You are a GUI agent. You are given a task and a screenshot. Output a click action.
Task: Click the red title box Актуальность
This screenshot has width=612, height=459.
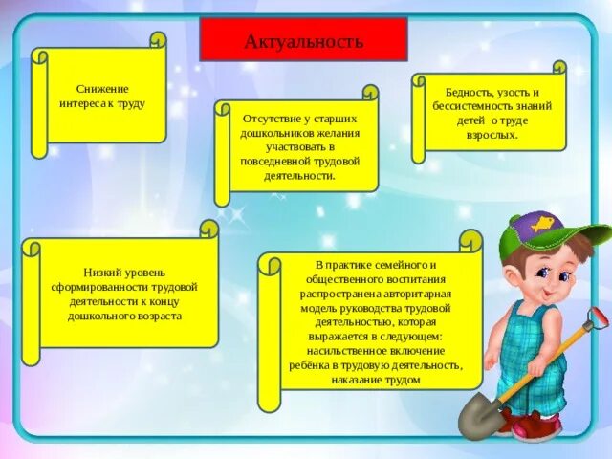(x=303, y=41)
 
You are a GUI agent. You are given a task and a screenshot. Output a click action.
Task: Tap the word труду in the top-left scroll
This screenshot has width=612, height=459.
(x=131, y=103)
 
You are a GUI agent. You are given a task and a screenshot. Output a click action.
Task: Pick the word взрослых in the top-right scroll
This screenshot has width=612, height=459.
(x=494, y=135)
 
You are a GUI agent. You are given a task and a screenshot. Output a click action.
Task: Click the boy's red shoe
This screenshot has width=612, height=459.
(x=535, y=426)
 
